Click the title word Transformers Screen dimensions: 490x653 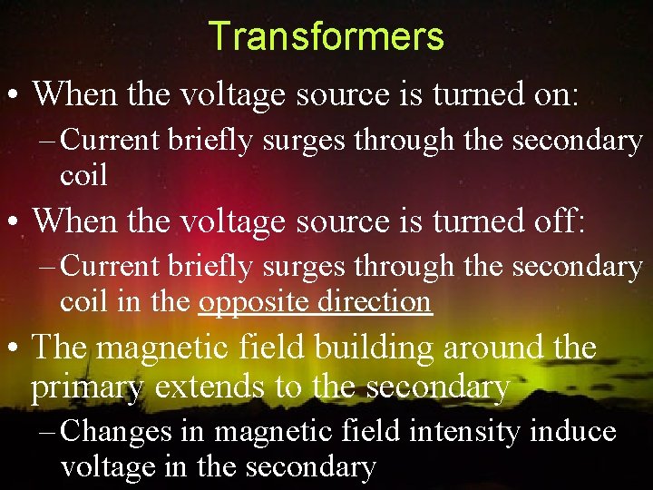click(326, 36)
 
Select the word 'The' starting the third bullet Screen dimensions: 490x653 click(61, 347)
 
